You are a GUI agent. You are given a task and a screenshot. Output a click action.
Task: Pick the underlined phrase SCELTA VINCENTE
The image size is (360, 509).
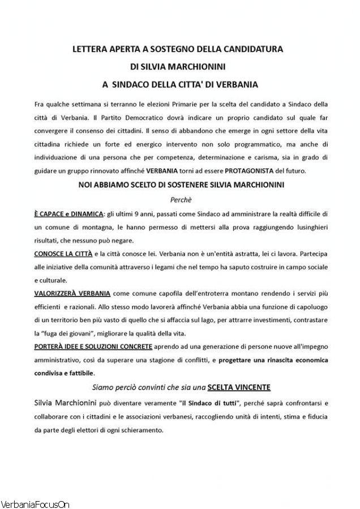pos(238,387)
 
